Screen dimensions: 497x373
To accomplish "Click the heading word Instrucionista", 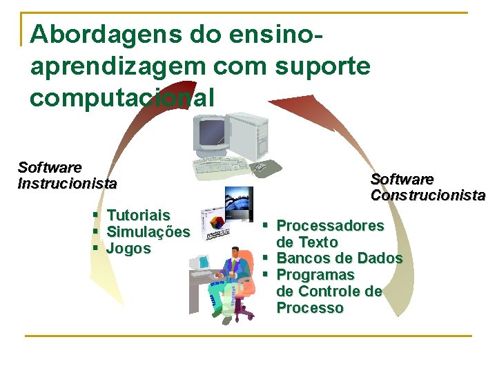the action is tap(67, 184).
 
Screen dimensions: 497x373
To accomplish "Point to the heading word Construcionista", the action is tap(427, 195).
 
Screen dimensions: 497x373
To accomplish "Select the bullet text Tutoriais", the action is tap(139, 216).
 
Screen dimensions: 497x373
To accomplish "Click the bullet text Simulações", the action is tap(148, 232).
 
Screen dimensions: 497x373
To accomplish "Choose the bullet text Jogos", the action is tap(128, 249).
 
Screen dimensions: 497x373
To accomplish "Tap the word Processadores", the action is tap(330, 225).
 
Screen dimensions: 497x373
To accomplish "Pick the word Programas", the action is tap(315, 275).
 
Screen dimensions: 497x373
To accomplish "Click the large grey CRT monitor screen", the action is tap(211, 131).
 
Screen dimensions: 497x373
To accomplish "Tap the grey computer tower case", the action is tap(248, 135).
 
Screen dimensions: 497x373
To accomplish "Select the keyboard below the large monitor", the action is tap(220, 166).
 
